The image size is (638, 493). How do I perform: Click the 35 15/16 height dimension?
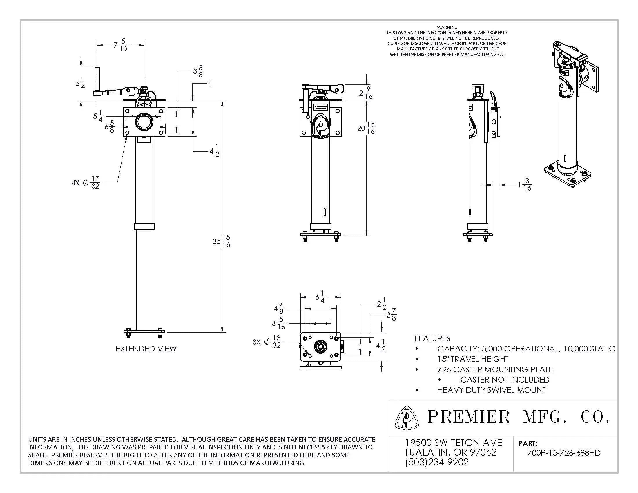[x=222, y=241]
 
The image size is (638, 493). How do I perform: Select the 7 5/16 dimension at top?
[x=120, y=45]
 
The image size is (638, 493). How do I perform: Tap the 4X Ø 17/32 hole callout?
[x=86, y=182]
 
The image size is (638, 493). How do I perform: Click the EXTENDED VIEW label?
[x=146, y=348]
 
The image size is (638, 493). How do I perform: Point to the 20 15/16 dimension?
[x=366, y=128]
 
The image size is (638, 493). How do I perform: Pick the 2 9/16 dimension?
[x=366, y=93]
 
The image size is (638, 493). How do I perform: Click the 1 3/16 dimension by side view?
[x=525, y=184]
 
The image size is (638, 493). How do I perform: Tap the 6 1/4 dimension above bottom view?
[x=320, y=296]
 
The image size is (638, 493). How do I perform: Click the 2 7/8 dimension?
[x=391, y=315]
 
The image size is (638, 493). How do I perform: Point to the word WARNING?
[x=447, y=27]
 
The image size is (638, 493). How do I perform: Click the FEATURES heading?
[x=432, y=338]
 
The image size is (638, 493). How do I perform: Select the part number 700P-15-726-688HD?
[x=563, y=453]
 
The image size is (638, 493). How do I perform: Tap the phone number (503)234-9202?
[x=437, y=462]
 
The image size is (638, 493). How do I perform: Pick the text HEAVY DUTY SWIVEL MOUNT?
[x=491, y=390]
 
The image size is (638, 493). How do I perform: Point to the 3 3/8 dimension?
[x=198, y=71]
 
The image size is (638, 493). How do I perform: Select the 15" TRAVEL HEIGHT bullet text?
[x=473, y=359]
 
